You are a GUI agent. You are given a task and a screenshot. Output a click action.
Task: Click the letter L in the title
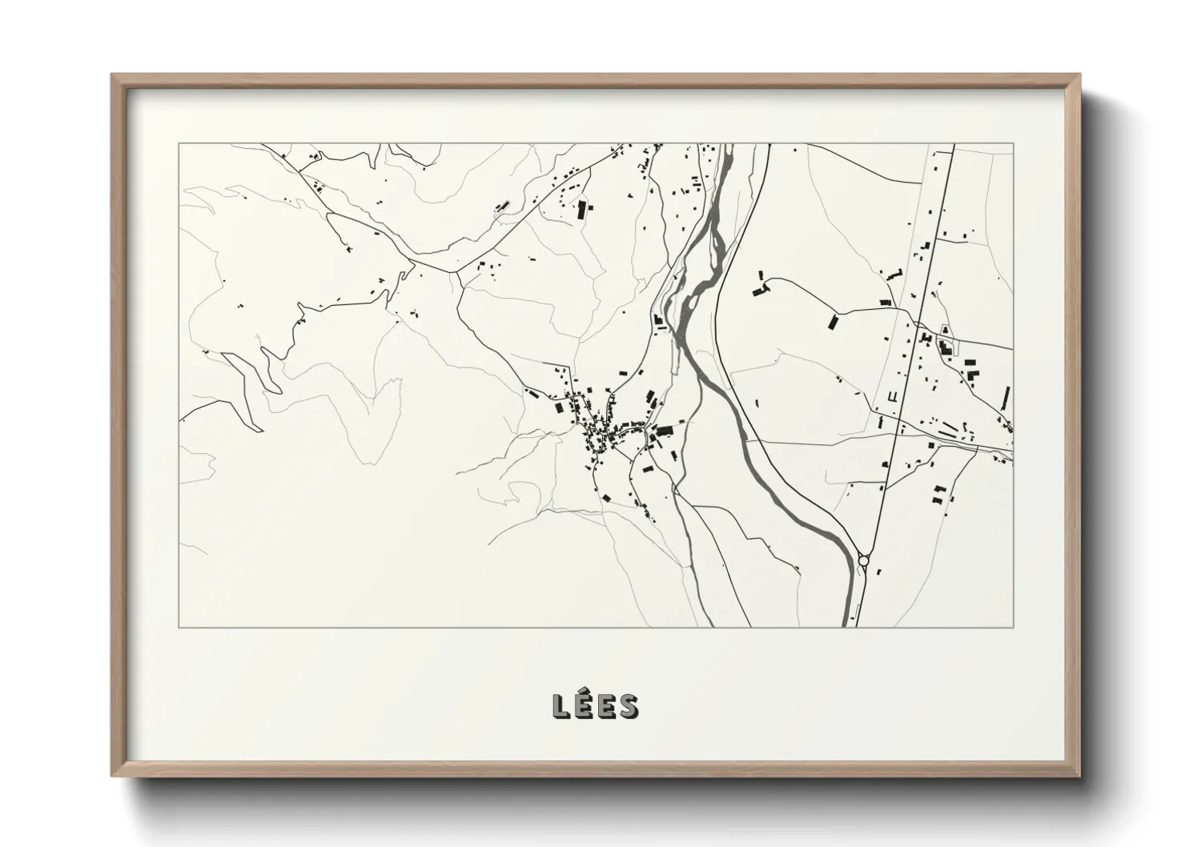[x=561, y=706]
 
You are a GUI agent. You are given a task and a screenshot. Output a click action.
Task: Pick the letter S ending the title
[x=629, y=706]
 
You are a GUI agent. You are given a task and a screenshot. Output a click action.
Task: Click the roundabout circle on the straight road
[x=864, y=561]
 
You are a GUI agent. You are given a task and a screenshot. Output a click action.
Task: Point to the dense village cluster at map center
[x=601, y=432]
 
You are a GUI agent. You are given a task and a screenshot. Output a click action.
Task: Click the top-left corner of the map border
[x=179, y=144]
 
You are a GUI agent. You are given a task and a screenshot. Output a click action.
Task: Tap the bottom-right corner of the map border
[x=1014, y=628]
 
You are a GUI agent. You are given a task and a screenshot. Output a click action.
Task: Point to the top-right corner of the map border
[x=1014, y=144]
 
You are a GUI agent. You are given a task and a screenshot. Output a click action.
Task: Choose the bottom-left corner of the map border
[x=179, y=628]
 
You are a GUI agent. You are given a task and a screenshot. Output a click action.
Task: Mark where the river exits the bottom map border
[x=847, y=627]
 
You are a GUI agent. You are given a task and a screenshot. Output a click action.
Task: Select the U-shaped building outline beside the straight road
[x=892, y=395]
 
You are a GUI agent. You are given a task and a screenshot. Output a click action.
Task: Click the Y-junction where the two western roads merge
[x=456, y=271]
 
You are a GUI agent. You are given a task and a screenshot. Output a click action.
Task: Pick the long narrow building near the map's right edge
[x=1006, y=397]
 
